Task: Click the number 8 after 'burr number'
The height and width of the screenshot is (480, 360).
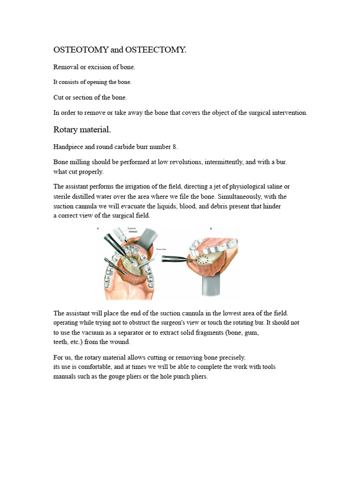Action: pos(175,147)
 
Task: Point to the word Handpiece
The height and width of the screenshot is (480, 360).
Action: pos(68,147)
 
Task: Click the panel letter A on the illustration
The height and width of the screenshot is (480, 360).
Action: pos(98,228)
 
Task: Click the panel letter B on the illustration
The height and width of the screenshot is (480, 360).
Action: pos(211,229)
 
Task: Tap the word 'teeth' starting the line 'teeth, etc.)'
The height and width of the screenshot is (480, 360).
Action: pos(61,342)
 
